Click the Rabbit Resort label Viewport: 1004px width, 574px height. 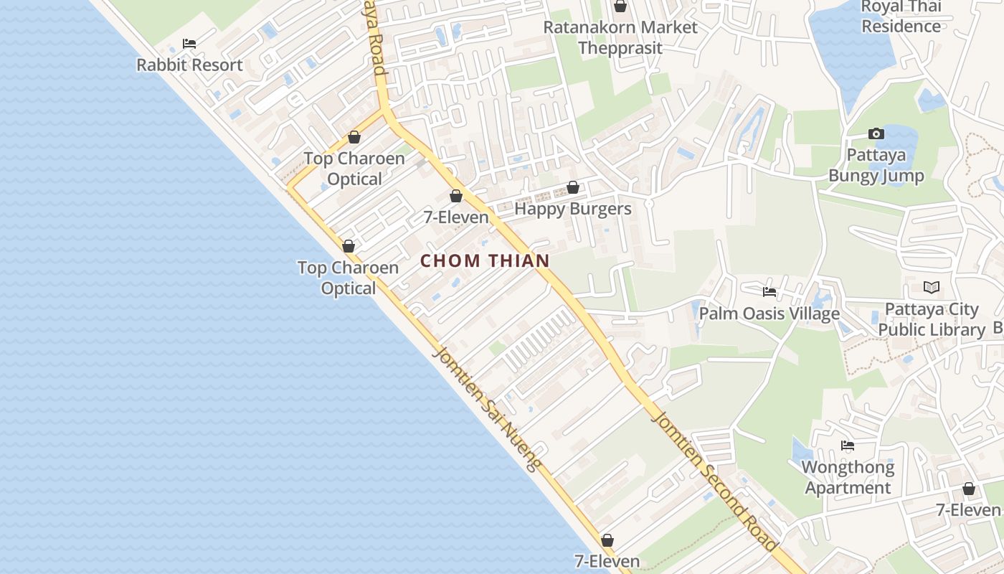[189, 65]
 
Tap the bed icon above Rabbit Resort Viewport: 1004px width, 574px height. [189, 44]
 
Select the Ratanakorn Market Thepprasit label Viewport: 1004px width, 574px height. [620, 37]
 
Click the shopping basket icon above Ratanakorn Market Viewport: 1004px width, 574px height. [620, 6]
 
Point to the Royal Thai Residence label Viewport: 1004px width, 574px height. [901, 17]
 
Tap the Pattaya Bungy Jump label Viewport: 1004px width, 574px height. [876, 165]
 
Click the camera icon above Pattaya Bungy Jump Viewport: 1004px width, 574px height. [876, 133]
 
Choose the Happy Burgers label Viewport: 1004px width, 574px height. [573, 209]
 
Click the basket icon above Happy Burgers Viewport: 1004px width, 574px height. [573, 188]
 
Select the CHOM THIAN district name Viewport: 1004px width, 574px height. [485, 261]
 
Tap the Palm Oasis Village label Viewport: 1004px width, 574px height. [769, 314]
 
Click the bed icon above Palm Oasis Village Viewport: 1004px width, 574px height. [769, 292]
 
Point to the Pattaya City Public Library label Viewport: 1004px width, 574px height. [932, 319]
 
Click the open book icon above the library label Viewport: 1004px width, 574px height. [932, 288]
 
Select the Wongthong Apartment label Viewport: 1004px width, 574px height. [848, 477]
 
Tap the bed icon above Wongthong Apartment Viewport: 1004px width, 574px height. [848, 446]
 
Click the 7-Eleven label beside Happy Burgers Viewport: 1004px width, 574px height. [456, 217]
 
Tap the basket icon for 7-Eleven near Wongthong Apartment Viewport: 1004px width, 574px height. [969, 489]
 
